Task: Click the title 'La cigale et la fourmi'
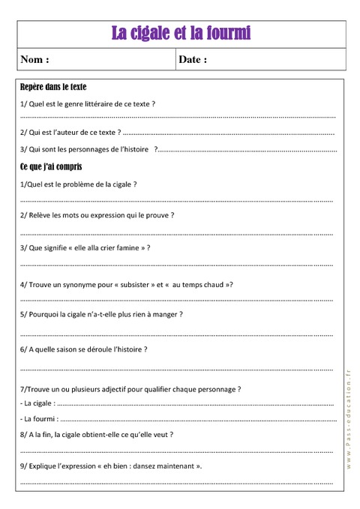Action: coord(181,33)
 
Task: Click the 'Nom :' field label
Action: coord(35,59)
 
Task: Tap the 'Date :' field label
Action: coord(193,59)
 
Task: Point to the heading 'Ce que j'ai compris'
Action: coord(51,166)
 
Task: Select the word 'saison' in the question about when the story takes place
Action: coord(70,349)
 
